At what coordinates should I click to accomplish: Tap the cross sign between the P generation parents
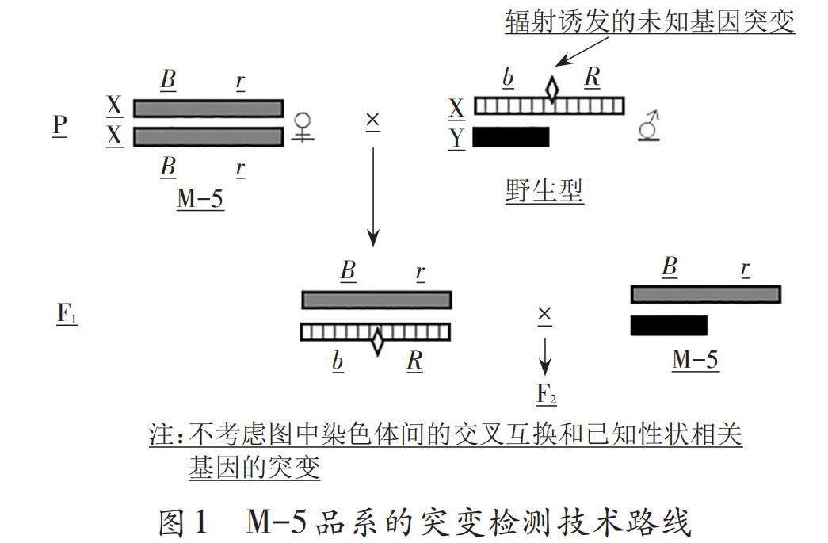(x=372, y=120)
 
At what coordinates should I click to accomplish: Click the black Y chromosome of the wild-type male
(x=510, y=137)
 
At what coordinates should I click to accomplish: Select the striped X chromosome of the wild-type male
(x=548, y=105)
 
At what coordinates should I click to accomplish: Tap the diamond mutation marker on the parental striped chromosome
(x=552, y=89)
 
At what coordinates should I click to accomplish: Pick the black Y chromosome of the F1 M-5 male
(x=668, y=325)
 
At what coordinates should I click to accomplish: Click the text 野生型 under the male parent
(x=544, y=191)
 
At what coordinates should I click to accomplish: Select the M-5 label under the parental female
(x=200, y=197)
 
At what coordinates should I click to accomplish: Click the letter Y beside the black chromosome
(x=456, y=137)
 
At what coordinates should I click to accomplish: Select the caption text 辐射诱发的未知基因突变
(x=650, y=21)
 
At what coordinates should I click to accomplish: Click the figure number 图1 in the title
(x=183, y=522)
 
